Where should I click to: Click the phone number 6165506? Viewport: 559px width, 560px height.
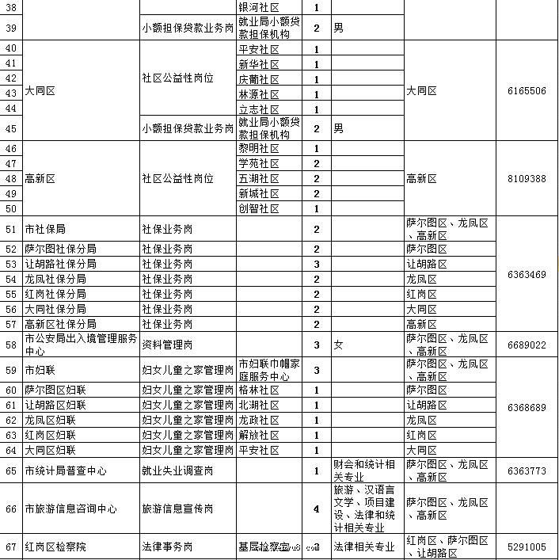[x=527, y=91]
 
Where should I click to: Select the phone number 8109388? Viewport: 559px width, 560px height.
[x=527, y=178]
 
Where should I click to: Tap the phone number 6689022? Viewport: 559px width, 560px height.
[x=527, y=345]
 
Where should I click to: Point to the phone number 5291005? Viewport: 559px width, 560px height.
[x=527, y=547]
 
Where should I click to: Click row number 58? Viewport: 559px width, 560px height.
[x=11, y=345]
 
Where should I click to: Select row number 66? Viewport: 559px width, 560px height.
[x=11, y=509]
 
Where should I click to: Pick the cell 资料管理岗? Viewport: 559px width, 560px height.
[x=166, y=345]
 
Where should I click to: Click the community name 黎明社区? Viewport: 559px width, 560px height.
[x=259, y=148]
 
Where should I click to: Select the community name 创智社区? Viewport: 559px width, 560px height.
[x=259, y=208]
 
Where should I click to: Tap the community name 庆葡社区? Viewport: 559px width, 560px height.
[x=259, y=79]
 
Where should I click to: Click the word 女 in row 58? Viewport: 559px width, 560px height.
[x=338, y=345]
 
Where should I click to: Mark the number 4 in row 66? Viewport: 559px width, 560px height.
[x=317, y=509]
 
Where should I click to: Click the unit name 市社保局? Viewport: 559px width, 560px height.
[x=44, y=229]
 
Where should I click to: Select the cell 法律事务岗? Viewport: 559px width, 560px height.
[x=166, y=547]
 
